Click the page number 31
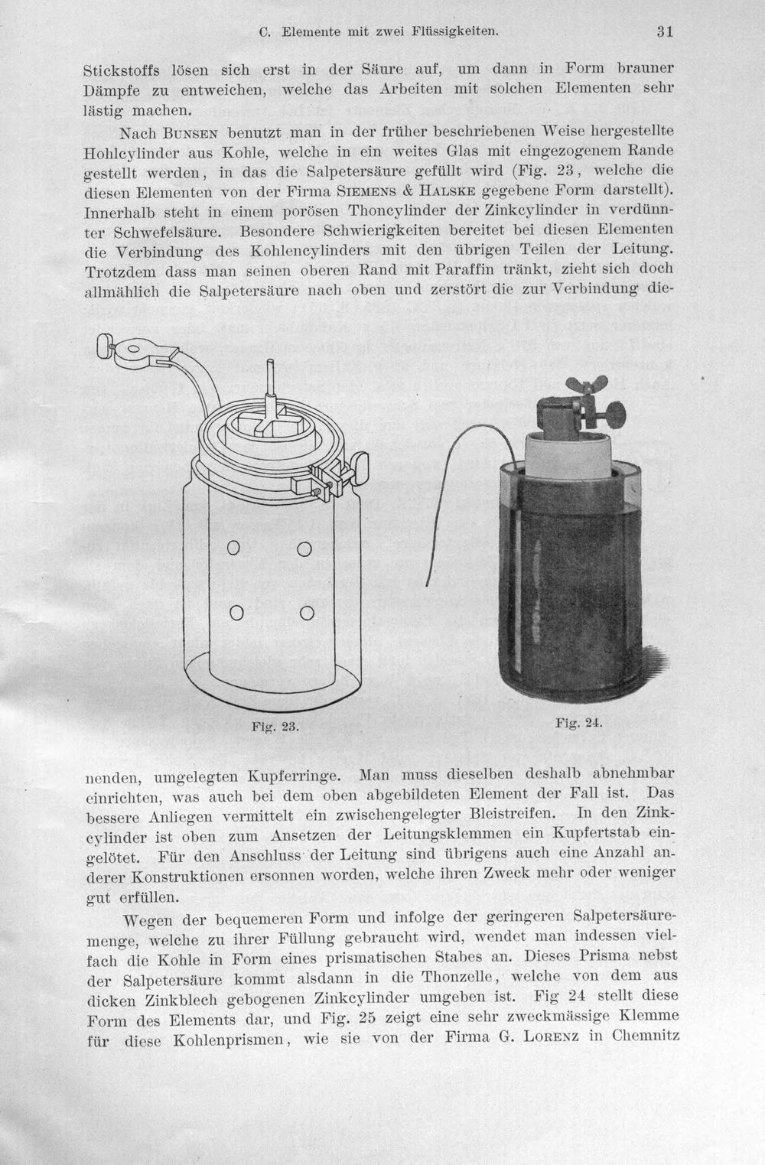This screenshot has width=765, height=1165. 665,31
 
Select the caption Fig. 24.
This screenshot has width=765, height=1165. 578,723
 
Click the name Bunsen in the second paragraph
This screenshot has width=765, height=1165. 190,134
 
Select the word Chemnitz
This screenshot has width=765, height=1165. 646,1046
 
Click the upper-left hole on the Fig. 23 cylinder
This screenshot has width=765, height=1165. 233,548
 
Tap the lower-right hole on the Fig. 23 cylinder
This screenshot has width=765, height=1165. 307,613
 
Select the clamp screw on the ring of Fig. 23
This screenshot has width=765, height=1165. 360,465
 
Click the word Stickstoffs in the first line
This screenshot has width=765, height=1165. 122,70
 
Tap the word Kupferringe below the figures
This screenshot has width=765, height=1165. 295,776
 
